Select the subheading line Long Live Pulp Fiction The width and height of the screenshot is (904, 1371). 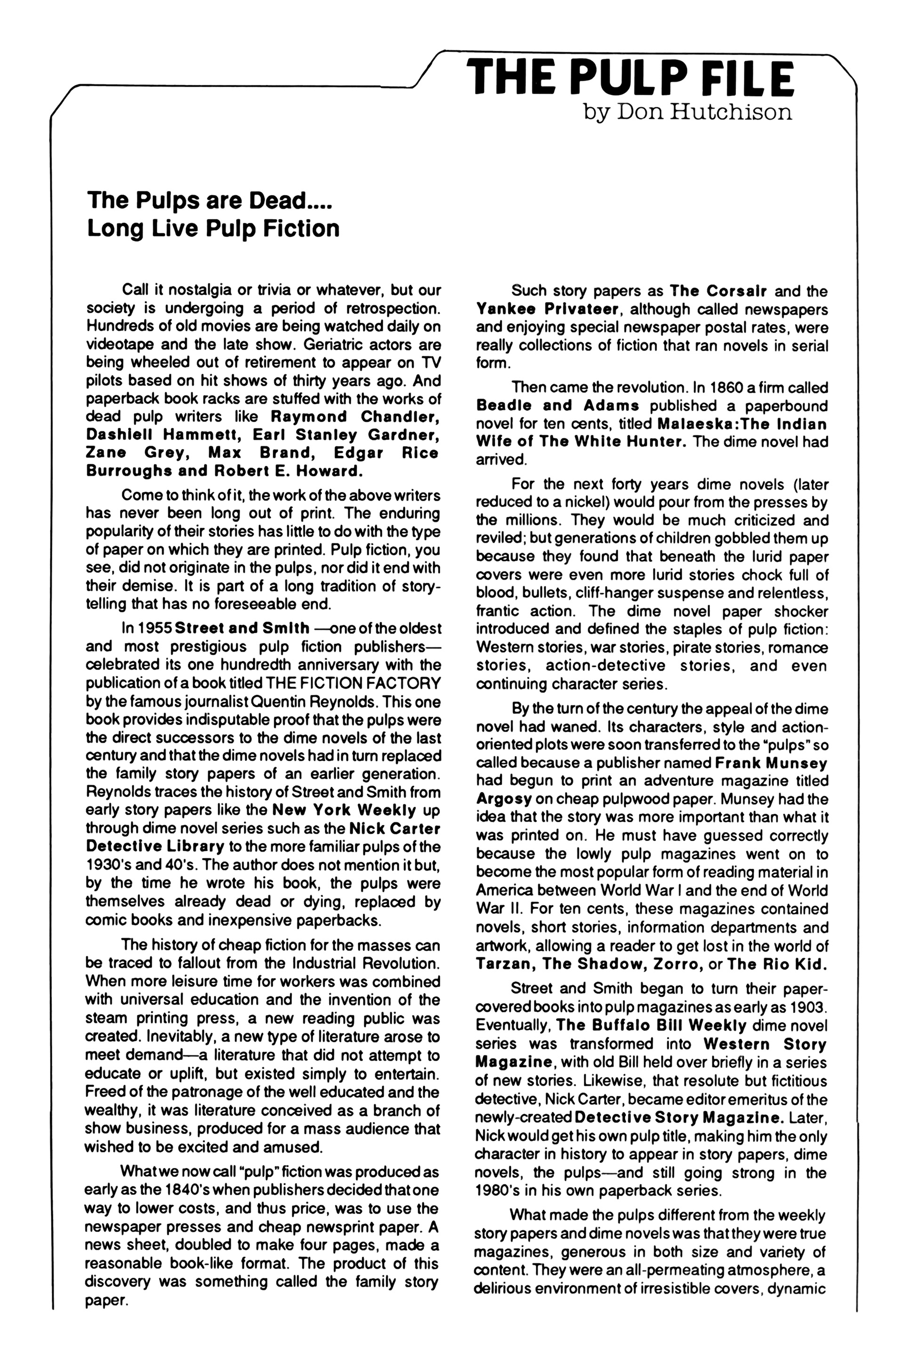click(x=213, y=228)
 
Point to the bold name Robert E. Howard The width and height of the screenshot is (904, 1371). click(x=288, y=471)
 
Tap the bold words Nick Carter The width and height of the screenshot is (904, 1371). click(x=395, y=829)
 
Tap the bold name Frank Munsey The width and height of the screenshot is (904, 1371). click(x=771, y=763)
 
